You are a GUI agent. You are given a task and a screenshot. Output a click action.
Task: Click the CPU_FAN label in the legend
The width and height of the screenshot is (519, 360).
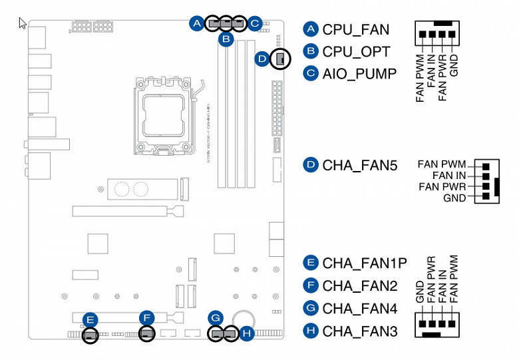pos(355,29)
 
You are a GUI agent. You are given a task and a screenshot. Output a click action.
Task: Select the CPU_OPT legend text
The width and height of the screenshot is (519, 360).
pos(355,51)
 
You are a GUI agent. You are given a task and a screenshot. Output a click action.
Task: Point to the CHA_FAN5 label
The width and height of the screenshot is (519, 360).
pos(359,164)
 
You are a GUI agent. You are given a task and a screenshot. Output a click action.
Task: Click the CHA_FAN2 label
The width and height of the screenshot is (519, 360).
pos(359,285)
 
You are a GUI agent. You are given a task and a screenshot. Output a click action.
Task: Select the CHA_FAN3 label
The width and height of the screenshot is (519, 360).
pos(359,330)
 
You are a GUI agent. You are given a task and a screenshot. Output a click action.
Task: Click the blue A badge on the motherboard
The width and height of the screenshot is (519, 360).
pos(196,23)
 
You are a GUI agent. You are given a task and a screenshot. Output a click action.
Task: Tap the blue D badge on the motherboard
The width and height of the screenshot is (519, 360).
pos(262,59)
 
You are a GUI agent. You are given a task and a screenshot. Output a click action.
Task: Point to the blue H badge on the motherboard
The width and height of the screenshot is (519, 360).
pos(247,332)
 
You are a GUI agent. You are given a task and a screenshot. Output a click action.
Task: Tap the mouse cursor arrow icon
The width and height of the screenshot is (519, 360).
pos(23,23)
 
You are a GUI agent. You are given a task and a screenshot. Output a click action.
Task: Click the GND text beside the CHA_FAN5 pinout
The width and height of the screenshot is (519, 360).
pos(454,198)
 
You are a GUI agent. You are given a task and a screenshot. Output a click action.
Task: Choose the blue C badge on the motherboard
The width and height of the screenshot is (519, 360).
pos(254,24)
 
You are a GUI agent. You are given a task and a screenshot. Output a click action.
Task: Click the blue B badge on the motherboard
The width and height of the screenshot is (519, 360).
pos(227,39)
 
